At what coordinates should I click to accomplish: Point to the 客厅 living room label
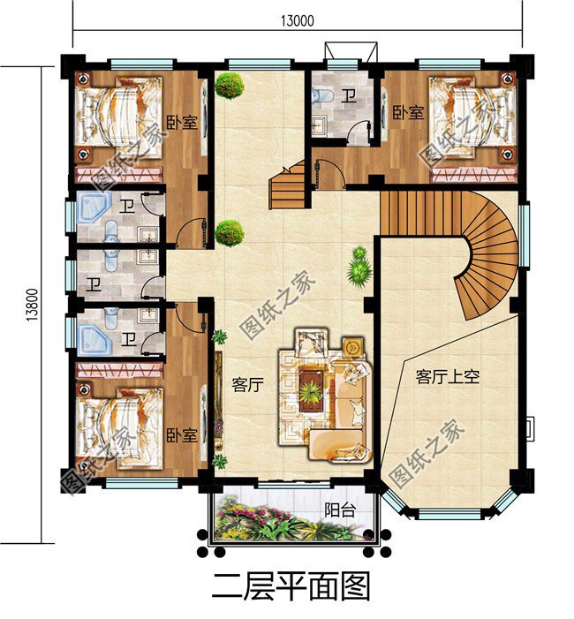point(247,385)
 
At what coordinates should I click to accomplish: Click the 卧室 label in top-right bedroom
point(408,112)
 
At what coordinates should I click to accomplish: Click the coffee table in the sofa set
point(312,387)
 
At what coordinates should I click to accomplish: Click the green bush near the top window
point(229,86)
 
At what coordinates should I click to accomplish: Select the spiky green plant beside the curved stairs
point(358,266)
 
